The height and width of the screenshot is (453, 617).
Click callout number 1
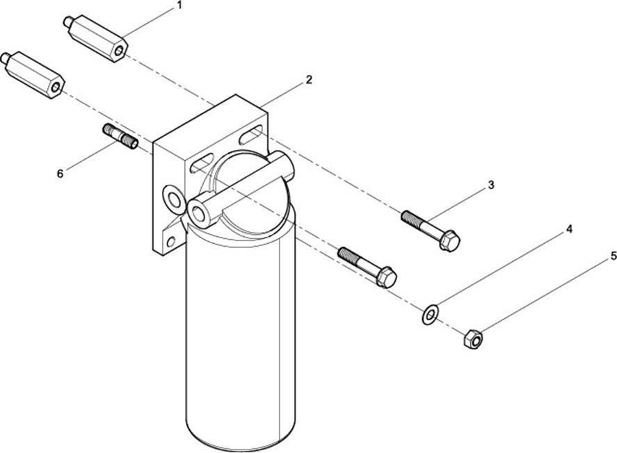coord(179,6)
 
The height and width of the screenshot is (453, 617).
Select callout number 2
coord(309,80)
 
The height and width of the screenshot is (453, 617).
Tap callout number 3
coord(490,185)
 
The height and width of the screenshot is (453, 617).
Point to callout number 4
coord(569,229)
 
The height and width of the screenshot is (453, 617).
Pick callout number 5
coord(613,256)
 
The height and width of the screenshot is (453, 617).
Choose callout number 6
coord(60,174)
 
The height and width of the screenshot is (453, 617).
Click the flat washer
coord(430,315)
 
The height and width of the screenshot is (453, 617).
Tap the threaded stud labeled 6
coord(121,136)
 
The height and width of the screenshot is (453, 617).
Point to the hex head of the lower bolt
coord(386,277)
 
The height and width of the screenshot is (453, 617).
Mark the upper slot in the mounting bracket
coord(251,133)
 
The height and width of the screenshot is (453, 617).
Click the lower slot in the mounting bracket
coord(202,164)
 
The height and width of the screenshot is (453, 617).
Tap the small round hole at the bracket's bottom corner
coord(171,242)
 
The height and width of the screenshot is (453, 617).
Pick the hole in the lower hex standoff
coord(56,88)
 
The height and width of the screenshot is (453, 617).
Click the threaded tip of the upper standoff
coord(67,22)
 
